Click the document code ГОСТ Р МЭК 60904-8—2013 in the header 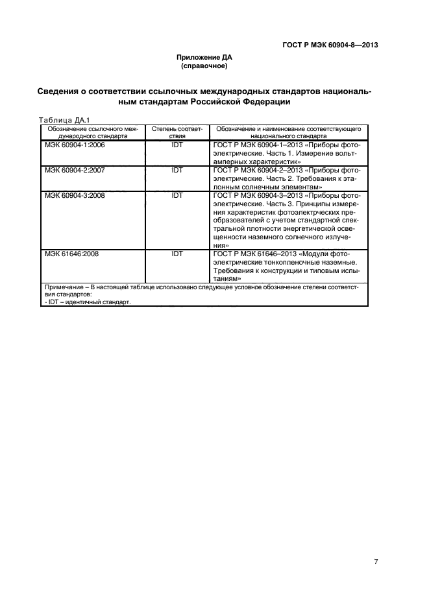[x=330, y=45]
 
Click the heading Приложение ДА [x=204, y=57]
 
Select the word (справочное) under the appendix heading [x=204, y=65]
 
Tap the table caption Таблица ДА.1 [x=63, y=120]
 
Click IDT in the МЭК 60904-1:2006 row [x=177, y=147]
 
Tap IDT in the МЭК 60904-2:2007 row [x=177, y=170]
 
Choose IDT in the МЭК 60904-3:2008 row [x=177, y=194]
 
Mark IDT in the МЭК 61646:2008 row [x=177, y=254]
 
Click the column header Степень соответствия [x=177, y=133]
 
